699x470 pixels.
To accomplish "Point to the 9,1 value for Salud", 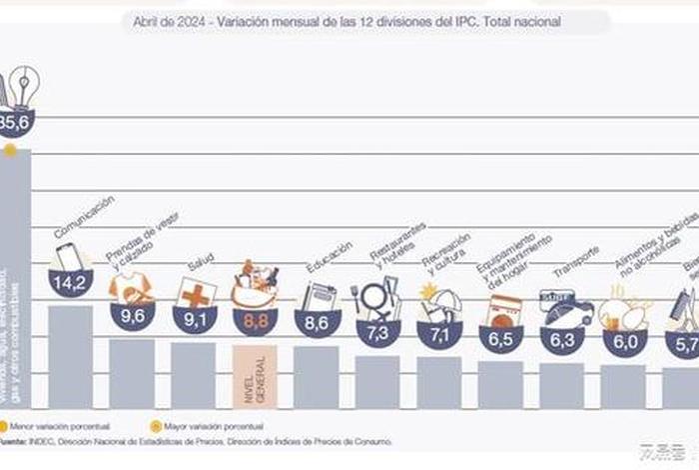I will click(194, 320).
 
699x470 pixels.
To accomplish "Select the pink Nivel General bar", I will click(255, 376).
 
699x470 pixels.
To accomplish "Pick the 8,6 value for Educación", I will click(317, 322).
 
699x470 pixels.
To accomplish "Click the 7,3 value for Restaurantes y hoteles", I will click(378, 333).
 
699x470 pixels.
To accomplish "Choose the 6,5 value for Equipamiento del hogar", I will click(501, 339).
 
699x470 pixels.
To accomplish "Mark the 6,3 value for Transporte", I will click(563, 340).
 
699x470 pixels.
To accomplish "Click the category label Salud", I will click(202, 263).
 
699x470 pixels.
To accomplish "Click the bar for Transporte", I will click(562, 385).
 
